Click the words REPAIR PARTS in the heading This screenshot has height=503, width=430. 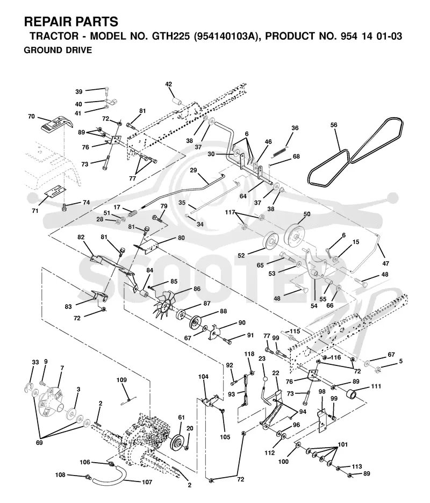[x=71, y=22]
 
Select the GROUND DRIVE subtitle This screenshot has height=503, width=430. [x=58, y=51]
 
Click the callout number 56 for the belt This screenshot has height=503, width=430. [x=334, y=125]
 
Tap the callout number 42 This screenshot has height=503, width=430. [x=168, y=84]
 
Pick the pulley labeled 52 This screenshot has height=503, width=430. [x=271, y=241]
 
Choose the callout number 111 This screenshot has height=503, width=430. [x=376, y=386]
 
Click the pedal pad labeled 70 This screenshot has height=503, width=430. [x=56, y=124]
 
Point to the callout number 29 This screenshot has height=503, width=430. [x=193, y=170]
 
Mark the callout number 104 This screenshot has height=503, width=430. [x=203, y=377]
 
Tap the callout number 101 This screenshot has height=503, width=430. [x=343, y=445]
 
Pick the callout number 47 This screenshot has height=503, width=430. [x=385, y=263]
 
